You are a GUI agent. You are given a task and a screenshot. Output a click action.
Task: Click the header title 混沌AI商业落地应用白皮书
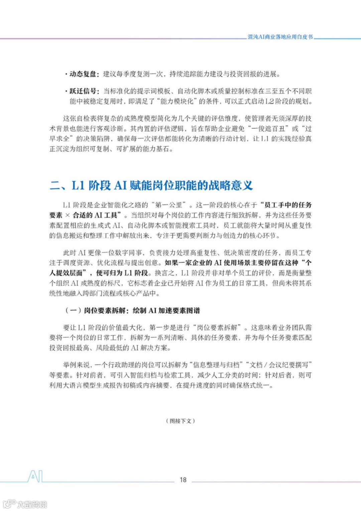click(x=280, y=37)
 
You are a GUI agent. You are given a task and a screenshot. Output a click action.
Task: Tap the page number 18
click(x=183, y=480)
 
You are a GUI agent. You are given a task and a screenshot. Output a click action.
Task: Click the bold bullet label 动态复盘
click(x=83, y=74)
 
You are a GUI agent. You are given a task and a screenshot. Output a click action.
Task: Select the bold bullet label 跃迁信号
click(x=83, y=91)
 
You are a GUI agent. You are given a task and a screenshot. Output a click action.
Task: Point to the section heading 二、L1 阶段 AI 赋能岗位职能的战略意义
click(x=151, y=185)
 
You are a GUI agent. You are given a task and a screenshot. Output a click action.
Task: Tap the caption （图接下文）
click(x=180, y=421)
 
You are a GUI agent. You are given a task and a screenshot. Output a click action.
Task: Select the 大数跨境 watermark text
click(x=32, y=504)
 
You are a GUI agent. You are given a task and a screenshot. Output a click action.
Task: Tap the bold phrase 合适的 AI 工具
click(x=95, y=215)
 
